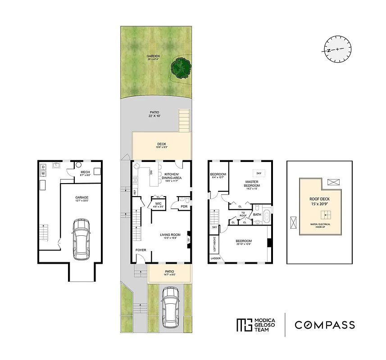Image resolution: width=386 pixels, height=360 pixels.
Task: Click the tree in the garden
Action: [181, 68]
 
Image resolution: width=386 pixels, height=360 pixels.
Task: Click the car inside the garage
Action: [82, 239]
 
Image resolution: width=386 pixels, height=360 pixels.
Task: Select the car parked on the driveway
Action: [171, 307]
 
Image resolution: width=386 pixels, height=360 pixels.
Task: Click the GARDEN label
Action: [153, 57]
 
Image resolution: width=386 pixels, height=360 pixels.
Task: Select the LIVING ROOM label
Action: [170, 234]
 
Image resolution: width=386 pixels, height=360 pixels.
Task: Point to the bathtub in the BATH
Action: [267, 215]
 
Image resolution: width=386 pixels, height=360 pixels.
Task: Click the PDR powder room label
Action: [184, 207]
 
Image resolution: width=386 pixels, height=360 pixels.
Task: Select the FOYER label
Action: [141, 250]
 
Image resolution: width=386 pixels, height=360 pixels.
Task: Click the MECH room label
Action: [86, 173]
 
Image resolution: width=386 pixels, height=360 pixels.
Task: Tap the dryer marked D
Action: [43, 166]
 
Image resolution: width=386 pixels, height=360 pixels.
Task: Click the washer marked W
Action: [43, 174]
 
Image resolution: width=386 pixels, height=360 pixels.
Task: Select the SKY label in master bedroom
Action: [259, 173]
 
